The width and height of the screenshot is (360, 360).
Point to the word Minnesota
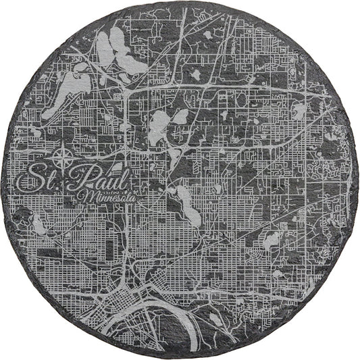point(108,197)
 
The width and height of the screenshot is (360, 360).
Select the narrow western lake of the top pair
point(104,49)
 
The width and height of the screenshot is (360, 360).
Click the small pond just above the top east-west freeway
point(195,74)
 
